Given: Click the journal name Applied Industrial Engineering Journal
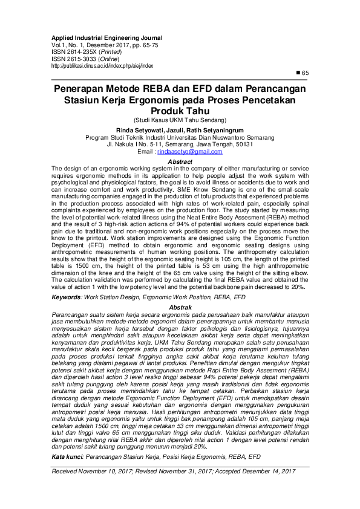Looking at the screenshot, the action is (106, 37).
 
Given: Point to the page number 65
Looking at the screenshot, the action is (305, 73).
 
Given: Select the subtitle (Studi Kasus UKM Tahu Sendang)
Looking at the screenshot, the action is (180, 121).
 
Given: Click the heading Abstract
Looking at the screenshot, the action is (180, 162).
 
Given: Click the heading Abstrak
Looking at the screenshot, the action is (180, 308).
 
